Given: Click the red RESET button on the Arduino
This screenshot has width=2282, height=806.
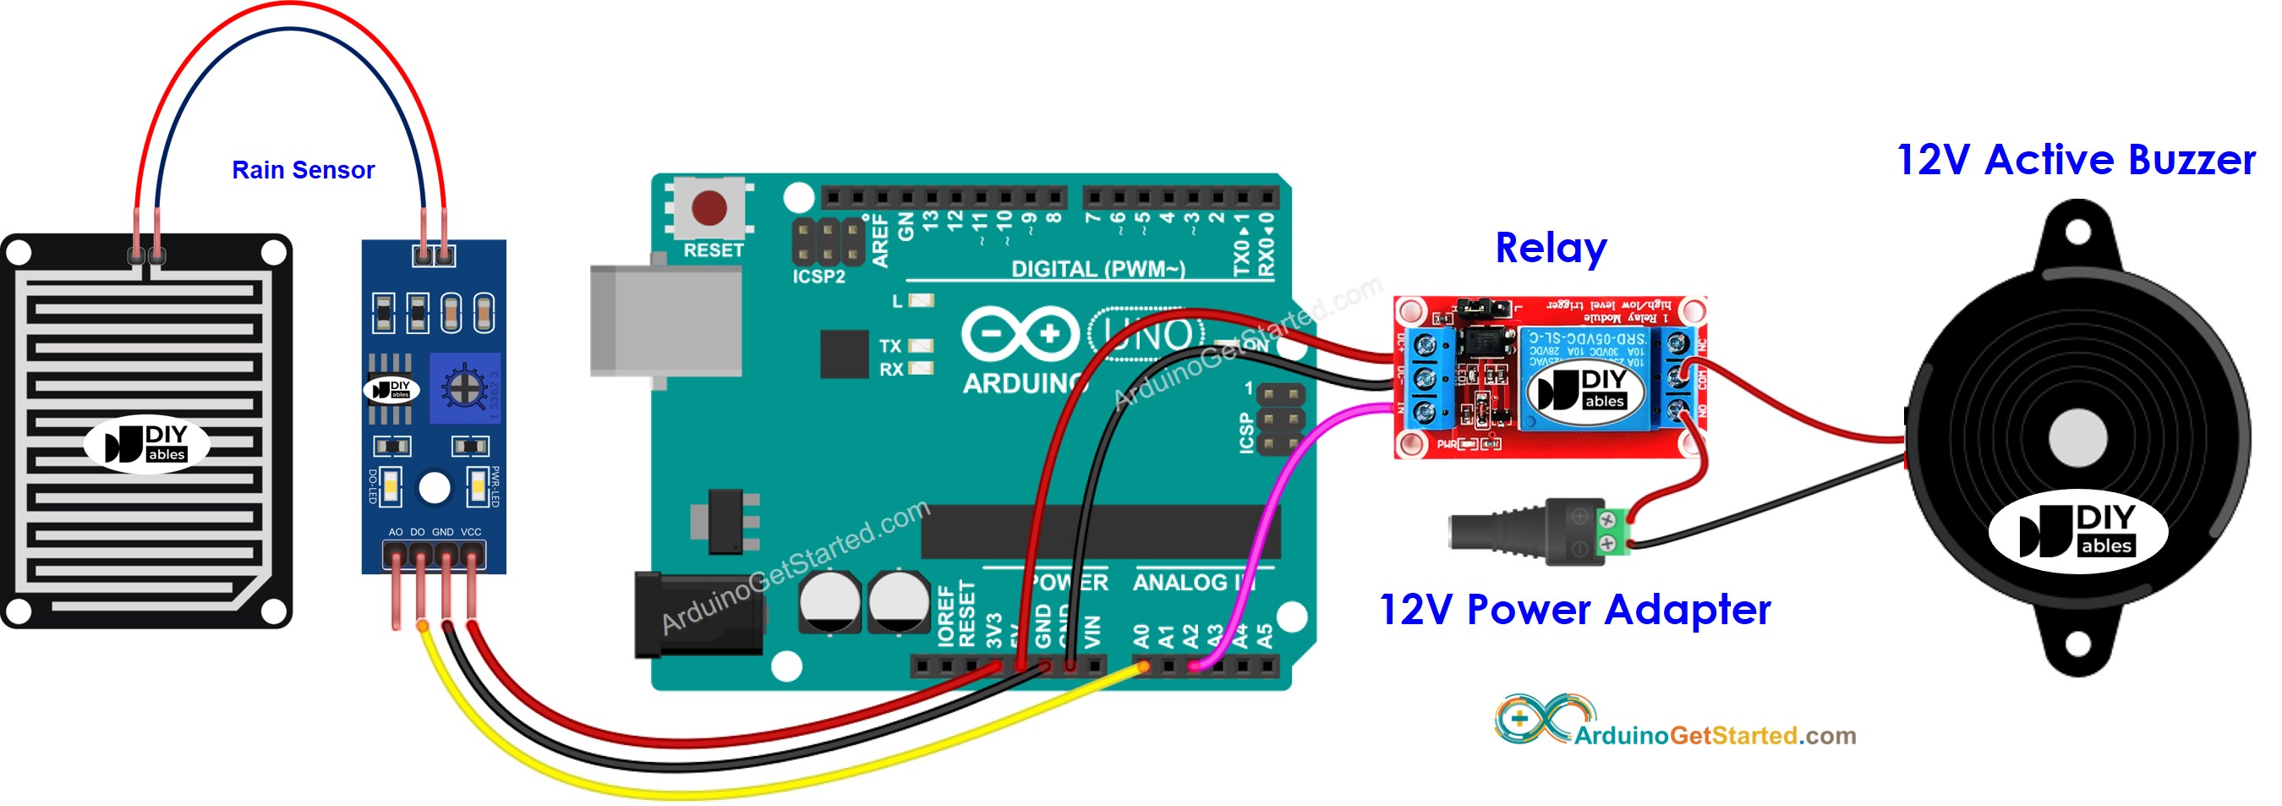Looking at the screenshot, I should pyautogui.click(x=709, y=208).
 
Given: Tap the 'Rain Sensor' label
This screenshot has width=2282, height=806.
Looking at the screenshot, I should pyautogui.click(x=303, y=170).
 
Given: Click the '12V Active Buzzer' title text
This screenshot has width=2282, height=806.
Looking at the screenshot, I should pyautogui.click(x=2075, y=161).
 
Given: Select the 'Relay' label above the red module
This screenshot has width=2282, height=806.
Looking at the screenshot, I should pyautogui.click(x=1551, y=248).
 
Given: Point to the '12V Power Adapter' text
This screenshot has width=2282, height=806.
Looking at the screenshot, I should pyautogui.click(x=1575, y=611).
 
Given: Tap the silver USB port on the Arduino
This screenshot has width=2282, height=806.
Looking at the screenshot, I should pyautogui.click(x=665, y=320).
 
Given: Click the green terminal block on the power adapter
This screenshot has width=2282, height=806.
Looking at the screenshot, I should pyautogui.click(x=1614, y=531).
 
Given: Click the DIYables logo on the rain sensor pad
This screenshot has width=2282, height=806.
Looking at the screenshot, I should pyautogui.click(x=147, y=443).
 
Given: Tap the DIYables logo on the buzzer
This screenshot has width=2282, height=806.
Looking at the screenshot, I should pyautogui.click(x=2077, y=530).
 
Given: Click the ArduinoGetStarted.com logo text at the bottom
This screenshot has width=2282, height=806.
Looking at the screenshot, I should pyautogui.click(x=1714, y=735).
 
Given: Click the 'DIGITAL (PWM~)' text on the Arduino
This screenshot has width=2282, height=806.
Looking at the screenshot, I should pyautogui.click(x=1097, y=269).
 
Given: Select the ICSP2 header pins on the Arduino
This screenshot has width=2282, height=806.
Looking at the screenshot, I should pyautogui.click(x=828, y=241).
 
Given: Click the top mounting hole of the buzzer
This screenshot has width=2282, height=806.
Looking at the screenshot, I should pyautogui.click(x=2077, y=232).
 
